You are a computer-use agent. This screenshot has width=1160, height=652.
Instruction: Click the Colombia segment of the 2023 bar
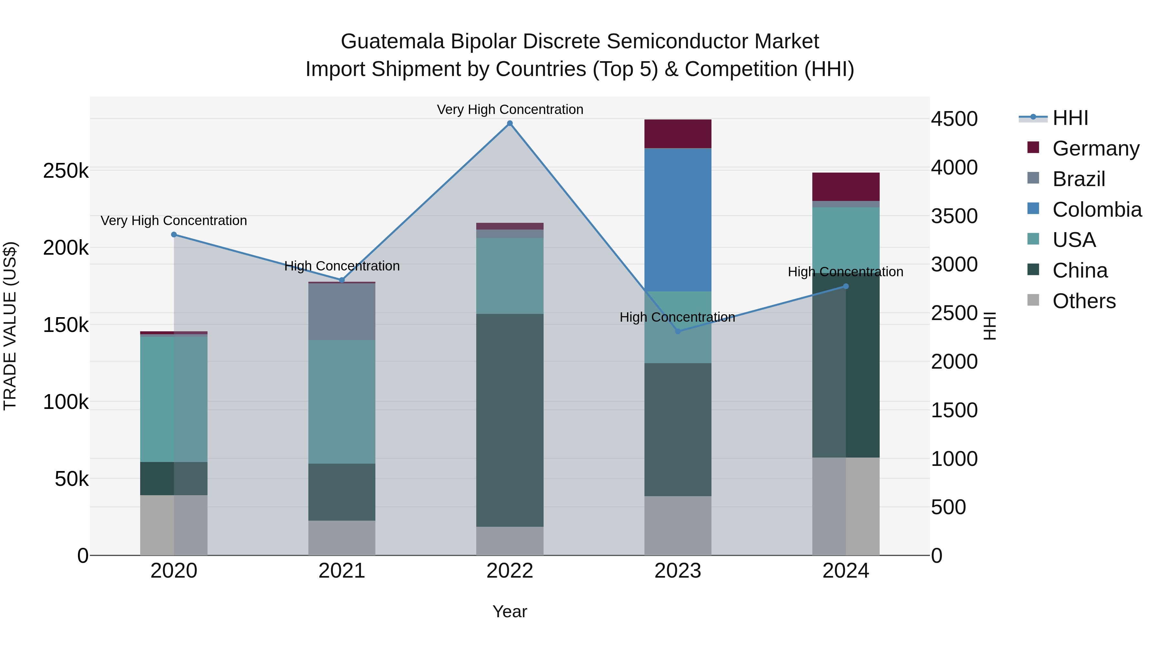(677, 220)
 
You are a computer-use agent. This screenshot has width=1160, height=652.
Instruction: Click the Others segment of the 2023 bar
(677, 525)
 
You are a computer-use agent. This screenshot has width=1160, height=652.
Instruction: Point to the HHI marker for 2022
(509, 123)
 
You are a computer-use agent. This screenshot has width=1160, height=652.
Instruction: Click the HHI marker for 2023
(677, 331)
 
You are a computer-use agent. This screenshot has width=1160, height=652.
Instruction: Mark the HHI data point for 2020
(174, 234)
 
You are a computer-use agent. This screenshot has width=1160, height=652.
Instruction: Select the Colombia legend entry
(1096, 210)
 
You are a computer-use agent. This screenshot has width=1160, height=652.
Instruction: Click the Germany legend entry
(1095, 148)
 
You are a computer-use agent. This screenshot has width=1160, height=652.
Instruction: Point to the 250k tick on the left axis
(66, 171)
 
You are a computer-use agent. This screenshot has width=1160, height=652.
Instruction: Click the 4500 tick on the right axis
(954, 119)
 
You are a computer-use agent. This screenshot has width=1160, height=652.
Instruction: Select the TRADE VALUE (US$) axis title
(10, 326)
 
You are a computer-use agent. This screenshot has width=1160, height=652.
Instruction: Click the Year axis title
(509, 611)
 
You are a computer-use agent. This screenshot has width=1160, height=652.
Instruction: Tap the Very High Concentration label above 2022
(509, 109)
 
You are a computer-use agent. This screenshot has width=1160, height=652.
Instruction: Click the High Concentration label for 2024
(845, 272)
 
